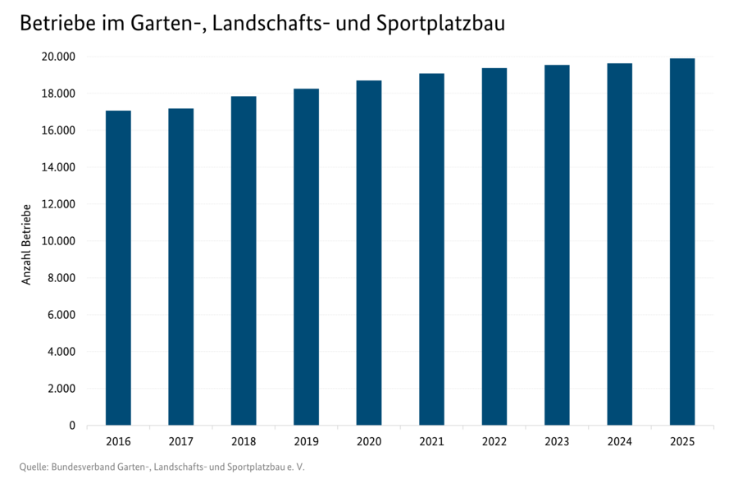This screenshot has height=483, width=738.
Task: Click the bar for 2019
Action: (x=306, y=257)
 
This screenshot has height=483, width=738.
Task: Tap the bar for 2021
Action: (x=431, y=249)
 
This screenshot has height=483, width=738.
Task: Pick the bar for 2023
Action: (x=557, y=245)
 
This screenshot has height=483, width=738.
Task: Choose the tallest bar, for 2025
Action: (x=682, y=242)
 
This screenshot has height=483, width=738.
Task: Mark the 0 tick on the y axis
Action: (x=72, y=426)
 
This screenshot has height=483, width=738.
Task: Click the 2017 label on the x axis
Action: (x=180, y=442)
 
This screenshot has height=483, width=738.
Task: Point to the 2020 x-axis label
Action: (x=368, y=442)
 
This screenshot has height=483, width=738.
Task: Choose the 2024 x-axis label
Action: (x=619, y=442)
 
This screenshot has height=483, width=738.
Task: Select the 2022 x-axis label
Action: (x=494, y=442)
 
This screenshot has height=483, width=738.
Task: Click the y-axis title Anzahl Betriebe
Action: (x=26, y=244)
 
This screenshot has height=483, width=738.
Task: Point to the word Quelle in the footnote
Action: (x=33, y=467)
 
